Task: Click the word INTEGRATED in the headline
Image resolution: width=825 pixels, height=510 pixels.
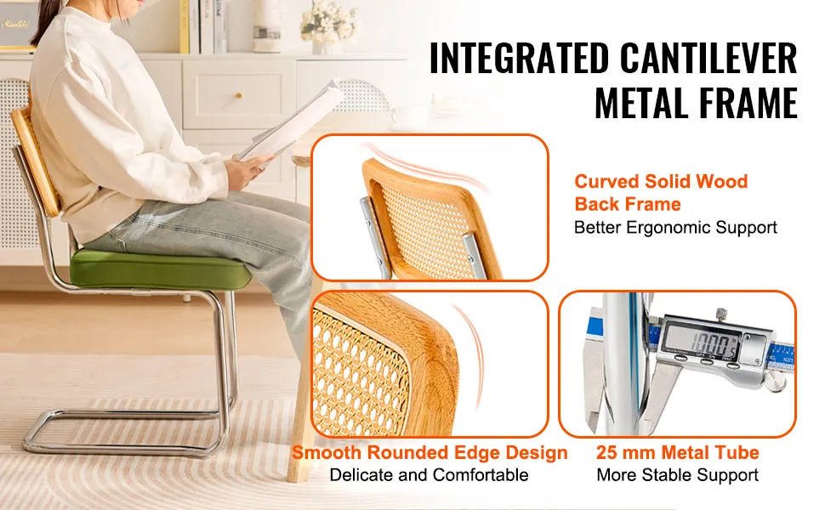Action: click(x=519, y=58)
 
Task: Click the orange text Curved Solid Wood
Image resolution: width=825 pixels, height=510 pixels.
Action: click(x=661, y=181)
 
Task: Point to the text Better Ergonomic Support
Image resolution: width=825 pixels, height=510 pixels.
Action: click(x=675, y=228)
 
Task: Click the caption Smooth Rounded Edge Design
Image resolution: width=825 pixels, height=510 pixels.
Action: click(x=430, y=453)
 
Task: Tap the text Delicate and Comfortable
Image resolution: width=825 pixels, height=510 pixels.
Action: click(x=429, y=475)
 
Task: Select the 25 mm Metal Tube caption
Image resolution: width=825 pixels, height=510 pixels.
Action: click(x=678, y=453)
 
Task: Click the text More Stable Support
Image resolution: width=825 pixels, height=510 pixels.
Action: click(x=678, y=475)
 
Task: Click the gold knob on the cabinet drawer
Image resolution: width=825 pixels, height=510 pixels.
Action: click(x=239, y=96)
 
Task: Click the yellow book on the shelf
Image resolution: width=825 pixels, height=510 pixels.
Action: click(x=185, y=26)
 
